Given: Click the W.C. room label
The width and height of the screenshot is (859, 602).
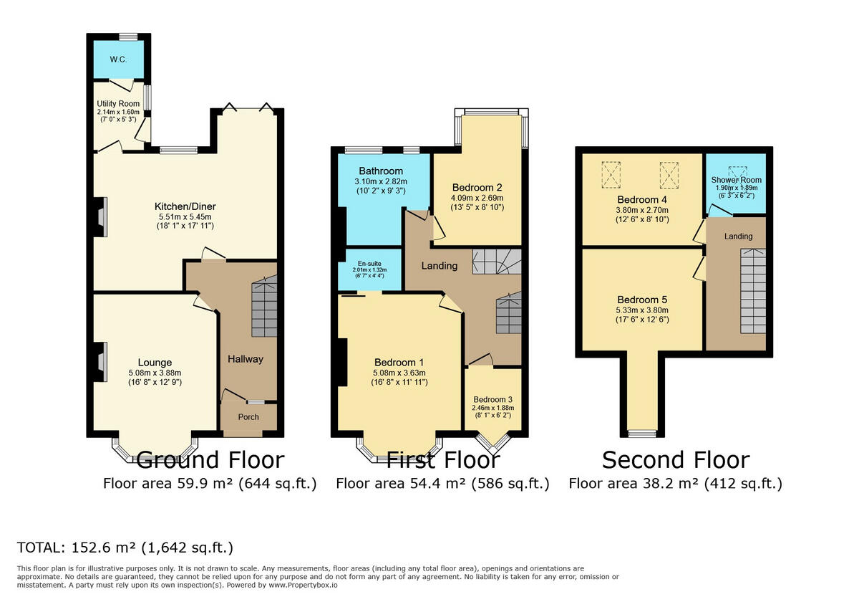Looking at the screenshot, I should (119, 59).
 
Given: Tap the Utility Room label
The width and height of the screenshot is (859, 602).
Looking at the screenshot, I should (119, 104).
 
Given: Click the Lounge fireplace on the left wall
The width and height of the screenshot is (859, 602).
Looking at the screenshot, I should (100, 362).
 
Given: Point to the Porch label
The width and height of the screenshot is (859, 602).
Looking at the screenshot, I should (248, 417).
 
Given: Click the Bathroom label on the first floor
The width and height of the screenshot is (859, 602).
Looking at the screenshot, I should (381, 171).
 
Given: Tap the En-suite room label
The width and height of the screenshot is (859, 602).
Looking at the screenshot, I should (368, 263).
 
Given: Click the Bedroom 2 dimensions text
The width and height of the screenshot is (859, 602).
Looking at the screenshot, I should (477, 203).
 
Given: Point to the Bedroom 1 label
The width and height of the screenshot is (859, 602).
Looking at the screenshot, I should (398, 362).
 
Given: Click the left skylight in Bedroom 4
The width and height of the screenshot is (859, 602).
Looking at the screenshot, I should (611, 173).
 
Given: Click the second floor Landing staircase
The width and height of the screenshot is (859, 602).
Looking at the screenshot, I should (752, 290).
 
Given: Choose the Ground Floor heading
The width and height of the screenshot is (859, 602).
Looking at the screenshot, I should (210, 459).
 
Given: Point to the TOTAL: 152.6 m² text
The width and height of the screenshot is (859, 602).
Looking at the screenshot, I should (125, 548).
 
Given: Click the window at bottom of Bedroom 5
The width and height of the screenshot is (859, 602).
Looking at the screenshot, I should (642, 433).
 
